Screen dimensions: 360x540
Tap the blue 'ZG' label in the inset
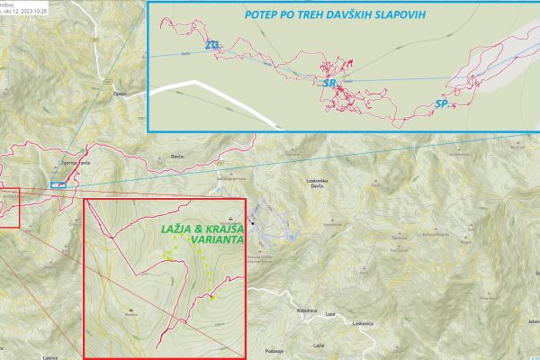point(212,45)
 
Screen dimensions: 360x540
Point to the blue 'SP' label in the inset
point(441,104)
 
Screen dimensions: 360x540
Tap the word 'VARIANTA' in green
point(205,240)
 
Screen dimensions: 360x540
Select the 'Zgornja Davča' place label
point(72,162)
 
